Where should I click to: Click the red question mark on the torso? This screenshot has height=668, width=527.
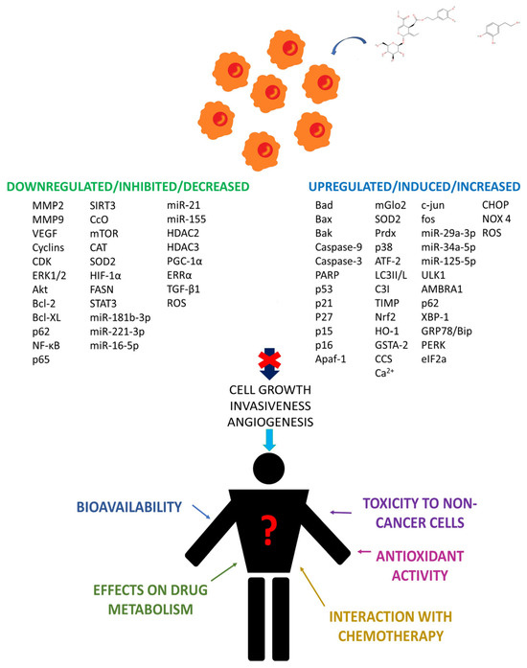click(x=268, y=526)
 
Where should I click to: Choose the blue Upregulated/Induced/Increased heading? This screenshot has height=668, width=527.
click(x=414, y=186)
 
